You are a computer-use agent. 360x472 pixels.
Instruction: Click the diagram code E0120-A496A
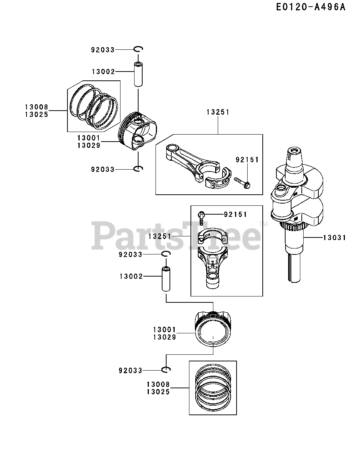[x=311, y=8]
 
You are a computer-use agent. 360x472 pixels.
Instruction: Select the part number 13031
[x=335, y=238]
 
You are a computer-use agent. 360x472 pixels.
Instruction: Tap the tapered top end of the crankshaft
[x=295, y=158]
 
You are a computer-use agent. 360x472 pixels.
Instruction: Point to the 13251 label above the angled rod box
[x=218, y=112]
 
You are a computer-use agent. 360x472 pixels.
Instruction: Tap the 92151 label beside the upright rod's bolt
[x=235, y=214]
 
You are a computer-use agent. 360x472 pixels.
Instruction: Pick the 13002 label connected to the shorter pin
[x=103, y=72]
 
